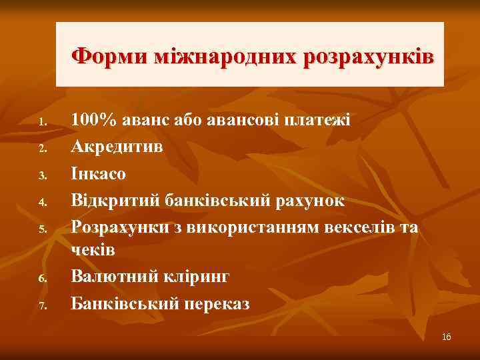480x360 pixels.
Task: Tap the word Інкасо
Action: tap(98, 173)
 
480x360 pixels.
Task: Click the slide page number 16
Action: tap(446, 337)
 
